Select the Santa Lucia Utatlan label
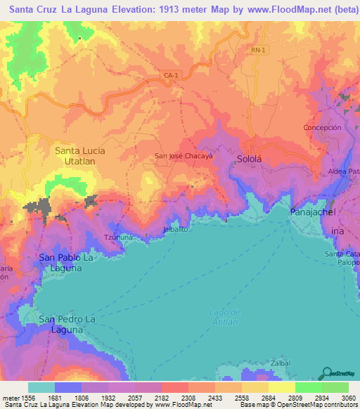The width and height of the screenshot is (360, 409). [75, 155]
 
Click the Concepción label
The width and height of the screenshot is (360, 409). [322, 127]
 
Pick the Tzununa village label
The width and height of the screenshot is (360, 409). [117, 238]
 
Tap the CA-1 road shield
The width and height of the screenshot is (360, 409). [171, 75]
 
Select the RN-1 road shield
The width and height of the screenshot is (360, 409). [259, 50]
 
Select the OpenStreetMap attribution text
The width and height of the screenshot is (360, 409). [314, 405]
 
